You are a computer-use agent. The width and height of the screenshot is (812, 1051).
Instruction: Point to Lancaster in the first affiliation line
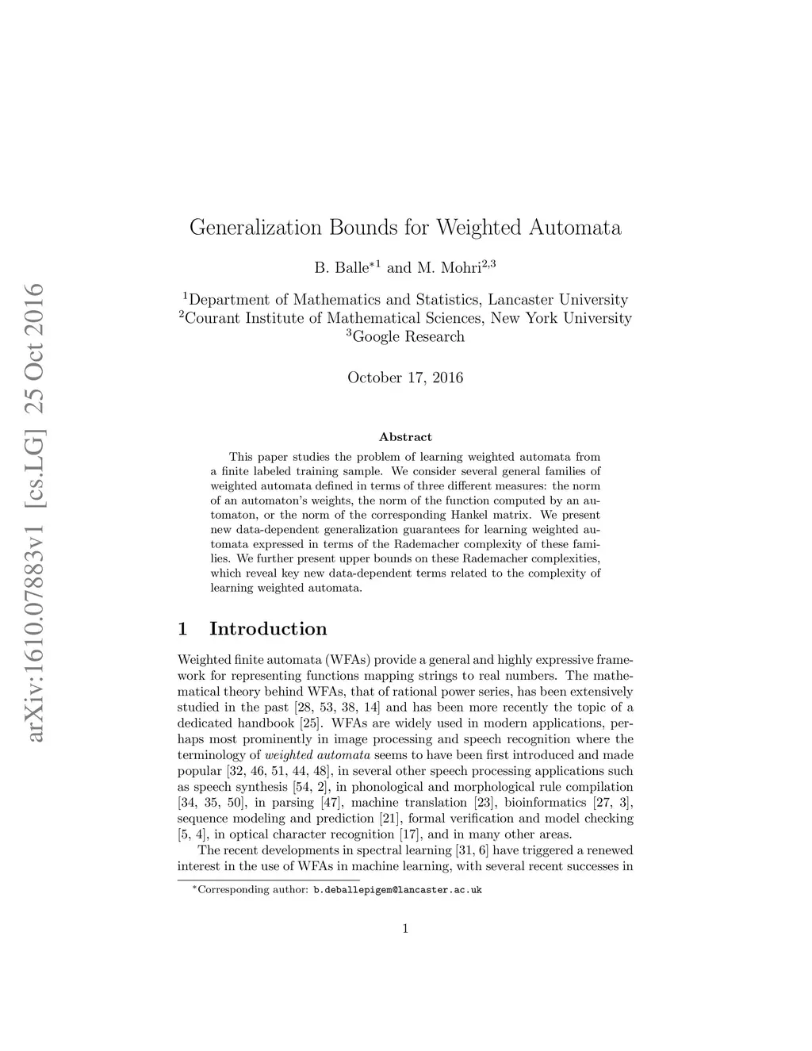pyautogui.click(x=520, y=300)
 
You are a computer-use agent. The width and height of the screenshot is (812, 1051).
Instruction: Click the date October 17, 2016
pyautogui.click(x=405, y=378)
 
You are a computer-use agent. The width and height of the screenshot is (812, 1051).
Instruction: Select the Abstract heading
pyautogui.click(x=405, y=437)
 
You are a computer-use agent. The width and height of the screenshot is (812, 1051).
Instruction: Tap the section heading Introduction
pyautogui.click(x=268, y=629)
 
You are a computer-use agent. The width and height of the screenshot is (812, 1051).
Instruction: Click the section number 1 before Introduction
pyautogui.click(x=183, y=629)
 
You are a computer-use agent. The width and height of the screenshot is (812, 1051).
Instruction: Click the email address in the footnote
pyautogui.click(x=397, y=890)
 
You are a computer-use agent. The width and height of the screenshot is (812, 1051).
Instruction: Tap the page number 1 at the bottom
pyautogui.click(x=405, y=929)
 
